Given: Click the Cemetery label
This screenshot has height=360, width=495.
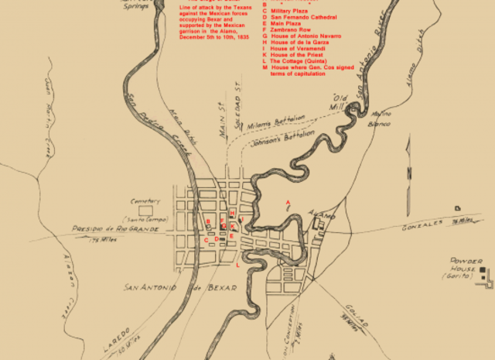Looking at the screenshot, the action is click(x=145, y=200).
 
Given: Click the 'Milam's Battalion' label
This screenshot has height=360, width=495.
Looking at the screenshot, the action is click(x=276, y=120).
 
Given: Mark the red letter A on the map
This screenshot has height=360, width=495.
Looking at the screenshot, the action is click(x=288, y=204).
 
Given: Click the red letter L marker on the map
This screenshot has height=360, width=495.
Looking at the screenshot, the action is click(x=237, y=265).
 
